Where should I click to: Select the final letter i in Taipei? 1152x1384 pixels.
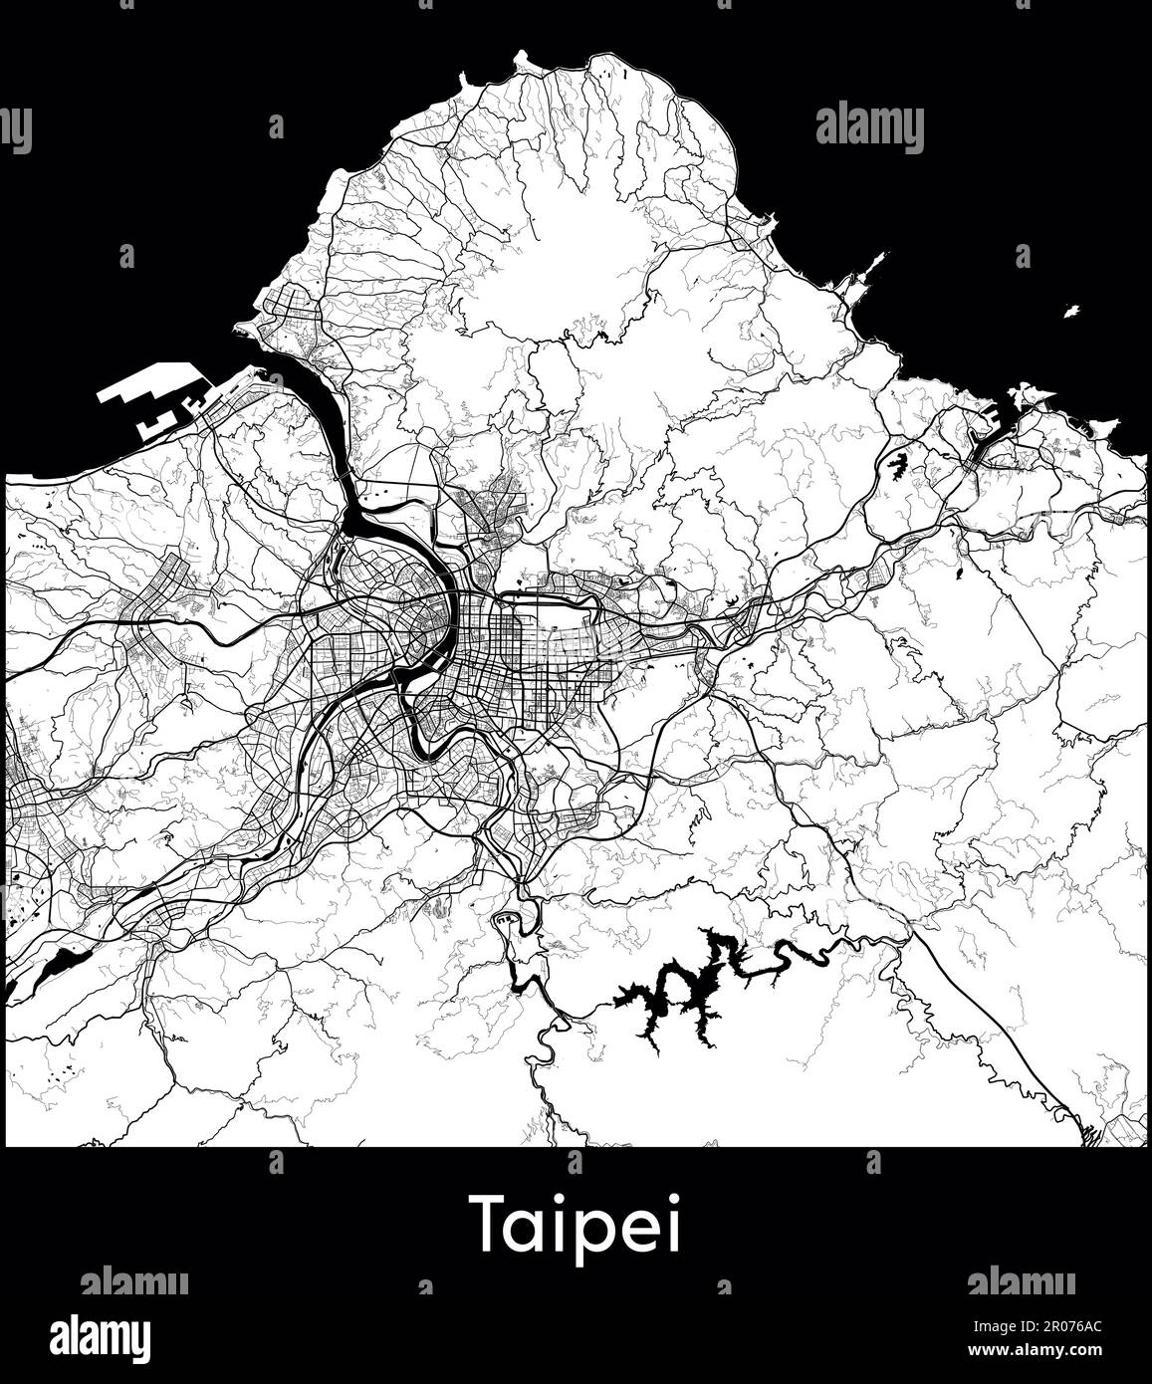pos(674,1223)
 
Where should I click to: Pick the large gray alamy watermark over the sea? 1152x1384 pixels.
pos(869,128)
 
